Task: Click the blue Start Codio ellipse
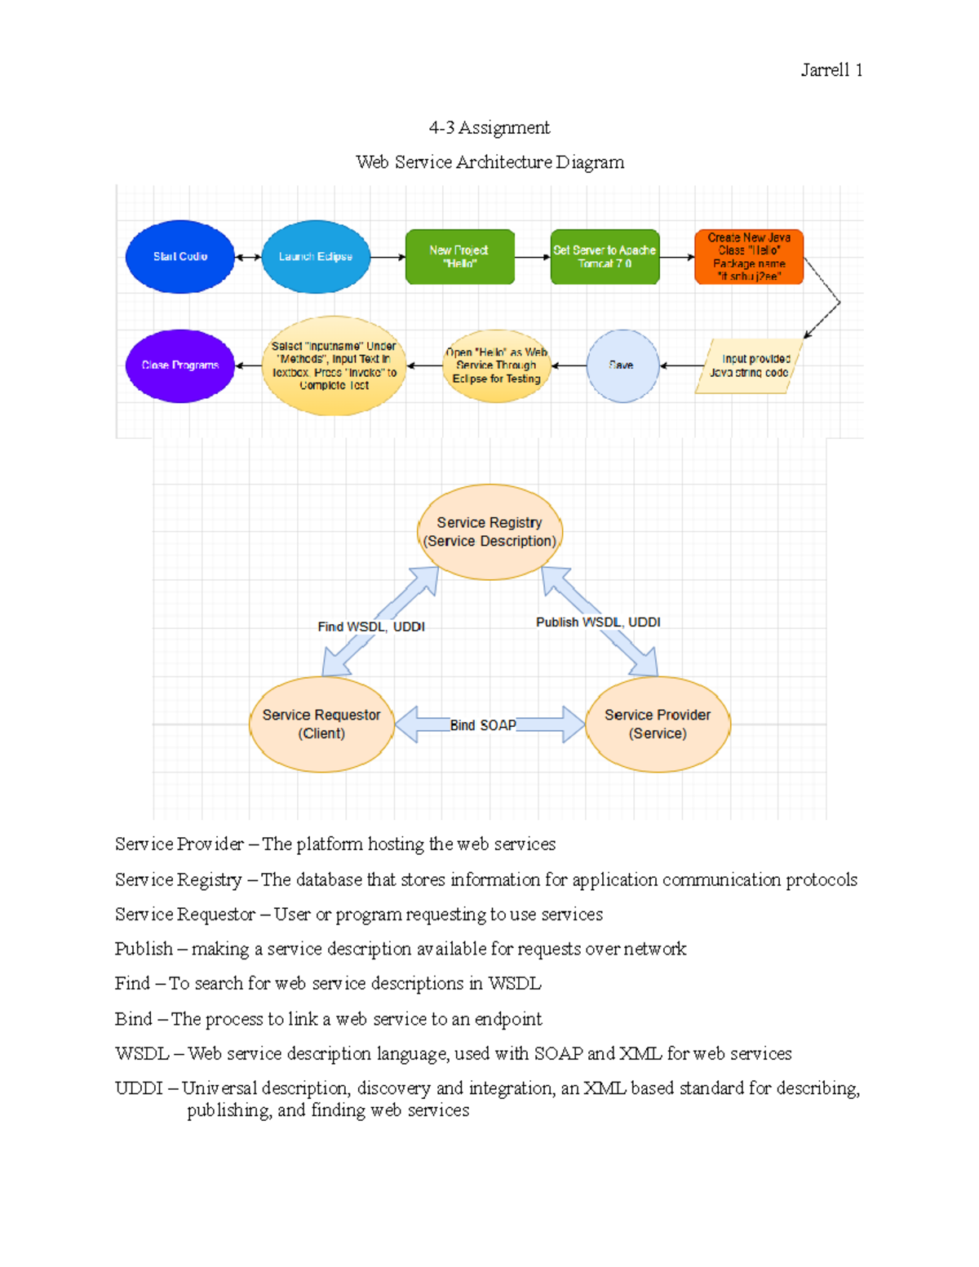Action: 180,256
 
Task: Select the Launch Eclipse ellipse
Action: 316,256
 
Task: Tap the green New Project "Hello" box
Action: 459,257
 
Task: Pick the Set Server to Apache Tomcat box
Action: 605,257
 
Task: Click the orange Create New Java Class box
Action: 749,257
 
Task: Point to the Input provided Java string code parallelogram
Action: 749,365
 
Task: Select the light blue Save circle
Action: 622,365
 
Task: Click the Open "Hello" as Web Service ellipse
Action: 496,365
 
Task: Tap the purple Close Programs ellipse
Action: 180,365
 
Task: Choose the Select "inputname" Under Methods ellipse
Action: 334,365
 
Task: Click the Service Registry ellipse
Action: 489,532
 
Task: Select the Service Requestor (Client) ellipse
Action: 321,724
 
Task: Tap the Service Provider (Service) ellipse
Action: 658,724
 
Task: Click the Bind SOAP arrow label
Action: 483,725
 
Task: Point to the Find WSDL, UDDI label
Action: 371,627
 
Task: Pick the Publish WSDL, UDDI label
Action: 598,622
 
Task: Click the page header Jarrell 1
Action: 831,70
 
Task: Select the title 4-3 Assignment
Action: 489,127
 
